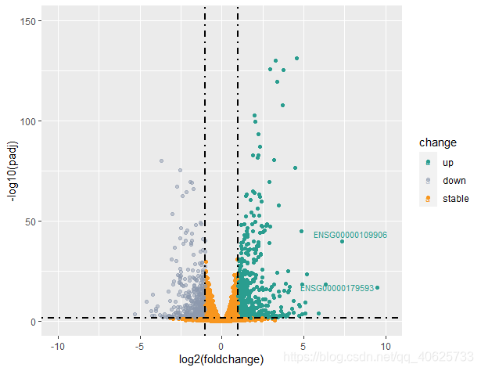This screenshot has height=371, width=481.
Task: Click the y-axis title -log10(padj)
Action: (x=14, y=171)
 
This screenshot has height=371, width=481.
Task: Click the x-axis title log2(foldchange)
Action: (x=221, y=358)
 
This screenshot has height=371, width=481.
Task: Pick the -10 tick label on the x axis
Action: (x=57, y=345)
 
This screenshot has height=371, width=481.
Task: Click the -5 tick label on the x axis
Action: (x=139, y=345)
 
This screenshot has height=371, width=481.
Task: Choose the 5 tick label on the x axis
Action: (x=303, y=345)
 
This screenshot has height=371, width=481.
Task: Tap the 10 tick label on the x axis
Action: (x=385, y=345)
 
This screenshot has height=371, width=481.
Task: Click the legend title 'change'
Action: (x=437, y=142)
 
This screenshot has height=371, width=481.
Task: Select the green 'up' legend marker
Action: (x=428, y=162)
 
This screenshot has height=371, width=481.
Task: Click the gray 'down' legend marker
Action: (x=428, y=180)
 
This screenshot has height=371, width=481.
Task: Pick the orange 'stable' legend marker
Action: (x=428, y=198)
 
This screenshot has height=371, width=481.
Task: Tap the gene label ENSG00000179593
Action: (x=336, y=288)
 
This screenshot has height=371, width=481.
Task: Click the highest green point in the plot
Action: (x=296, y=58)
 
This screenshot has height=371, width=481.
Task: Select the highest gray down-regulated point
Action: (x=161, y=161)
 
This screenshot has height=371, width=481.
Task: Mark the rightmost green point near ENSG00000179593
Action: (x=377, y=288)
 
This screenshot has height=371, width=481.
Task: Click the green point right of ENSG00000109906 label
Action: (x=342, y=241)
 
